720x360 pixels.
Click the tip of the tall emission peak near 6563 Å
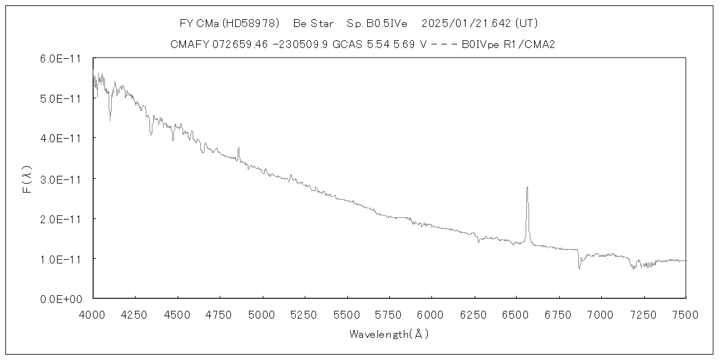coord(527,187)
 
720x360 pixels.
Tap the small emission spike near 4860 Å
coord(239,148)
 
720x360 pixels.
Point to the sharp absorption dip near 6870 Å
coord(579,268)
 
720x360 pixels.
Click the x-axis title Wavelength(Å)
coord(389,334)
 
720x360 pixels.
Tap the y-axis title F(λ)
coord(27,178)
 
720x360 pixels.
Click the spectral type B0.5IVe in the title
coord(377,24)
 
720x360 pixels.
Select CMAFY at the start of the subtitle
coord(190,44)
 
